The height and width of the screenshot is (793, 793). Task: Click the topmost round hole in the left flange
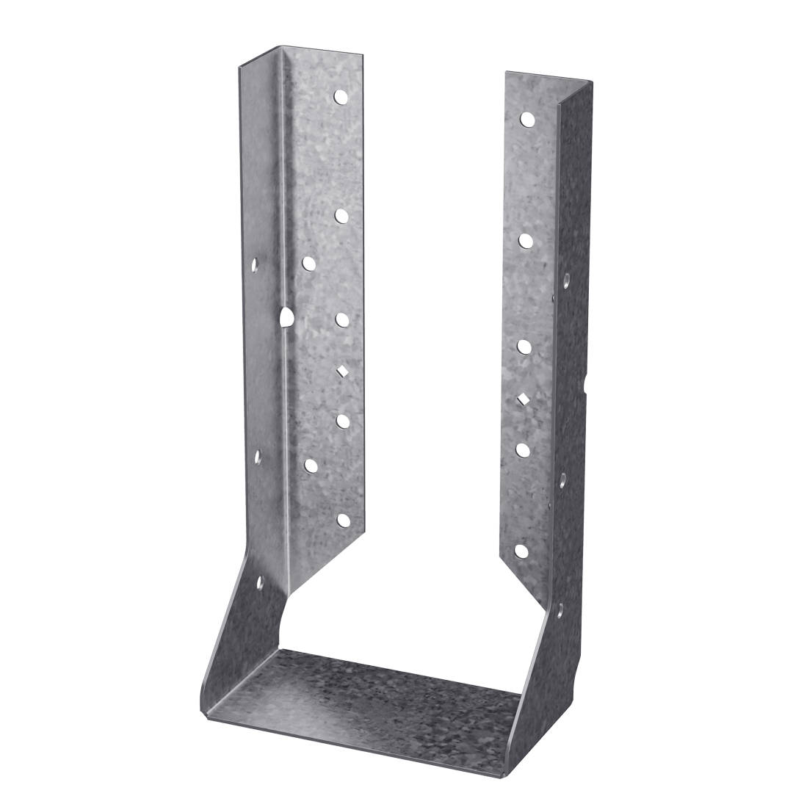click(x=341, y=96)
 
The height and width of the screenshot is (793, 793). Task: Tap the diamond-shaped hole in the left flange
click(x=341, y=371)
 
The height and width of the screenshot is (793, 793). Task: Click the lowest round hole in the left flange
click(x=342, y=520)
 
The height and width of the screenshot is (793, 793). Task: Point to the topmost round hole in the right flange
click(x=526, y=117)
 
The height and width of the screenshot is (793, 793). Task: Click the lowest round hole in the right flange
click(x=521, y=550)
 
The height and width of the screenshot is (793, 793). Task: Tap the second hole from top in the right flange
click(x=525, y=240)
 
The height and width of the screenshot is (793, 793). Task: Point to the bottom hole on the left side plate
click(x=259, y=584)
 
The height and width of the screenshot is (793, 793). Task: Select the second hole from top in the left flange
click(x=341, y=215)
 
